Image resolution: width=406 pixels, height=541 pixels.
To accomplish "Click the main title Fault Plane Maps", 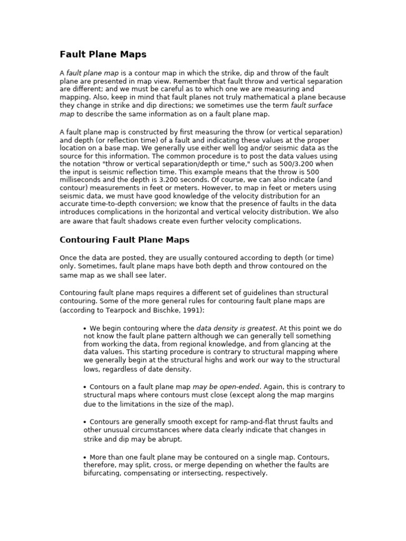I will tap(103, 54).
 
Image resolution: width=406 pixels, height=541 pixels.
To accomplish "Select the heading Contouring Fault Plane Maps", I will tap(124, 240).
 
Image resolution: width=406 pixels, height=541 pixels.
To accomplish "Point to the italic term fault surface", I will tap(312, 106).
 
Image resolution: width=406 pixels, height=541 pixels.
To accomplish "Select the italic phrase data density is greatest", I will tap(236, 328).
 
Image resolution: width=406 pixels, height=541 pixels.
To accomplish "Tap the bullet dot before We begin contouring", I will tap(85, 329).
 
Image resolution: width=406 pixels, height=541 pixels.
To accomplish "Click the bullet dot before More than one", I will tap(85, 457).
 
